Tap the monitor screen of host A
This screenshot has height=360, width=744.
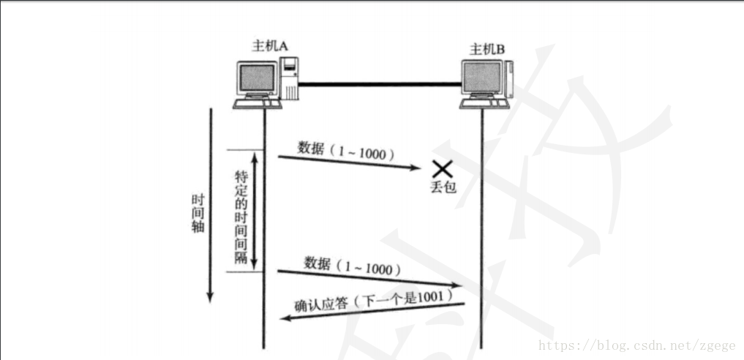(x=256, y=78)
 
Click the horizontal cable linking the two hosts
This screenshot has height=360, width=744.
(x=380, y=85)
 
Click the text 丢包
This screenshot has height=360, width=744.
(x=443, y=187)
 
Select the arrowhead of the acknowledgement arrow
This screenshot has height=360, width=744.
(x=288, y=318)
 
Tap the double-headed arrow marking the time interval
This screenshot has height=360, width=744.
(x=255, y=211)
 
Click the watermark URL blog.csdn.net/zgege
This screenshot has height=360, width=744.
(x=637, y=345)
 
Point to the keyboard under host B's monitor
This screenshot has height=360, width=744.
(x=482, y=105)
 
